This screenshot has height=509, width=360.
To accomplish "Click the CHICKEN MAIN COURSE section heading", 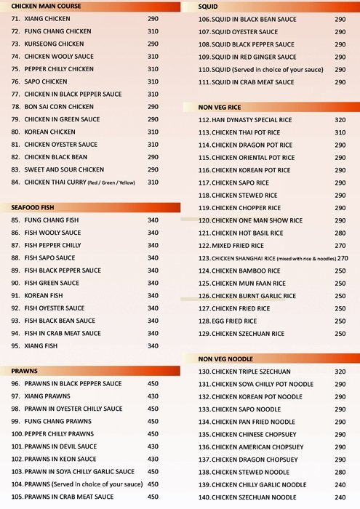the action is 44,6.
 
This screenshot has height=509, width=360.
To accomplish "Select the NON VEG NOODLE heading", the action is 225,359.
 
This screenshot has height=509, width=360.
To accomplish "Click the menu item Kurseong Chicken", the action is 55,44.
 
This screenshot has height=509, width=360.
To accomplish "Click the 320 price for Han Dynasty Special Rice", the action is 340,120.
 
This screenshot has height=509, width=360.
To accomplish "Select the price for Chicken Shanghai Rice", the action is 342,258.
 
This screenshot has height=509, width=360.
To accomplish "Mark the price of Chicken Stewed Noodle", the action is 340,472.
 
